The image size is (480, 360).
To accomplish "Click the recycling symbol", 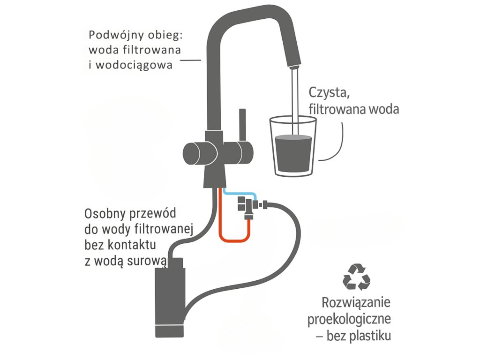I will pos(357,277).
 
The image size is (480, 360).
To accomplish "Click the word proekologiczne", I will pos(349,320).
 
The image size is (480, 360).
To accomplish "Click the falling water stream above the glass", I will pos(294,94).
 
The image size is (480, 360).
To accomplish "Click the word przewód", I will pos(153,214).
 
